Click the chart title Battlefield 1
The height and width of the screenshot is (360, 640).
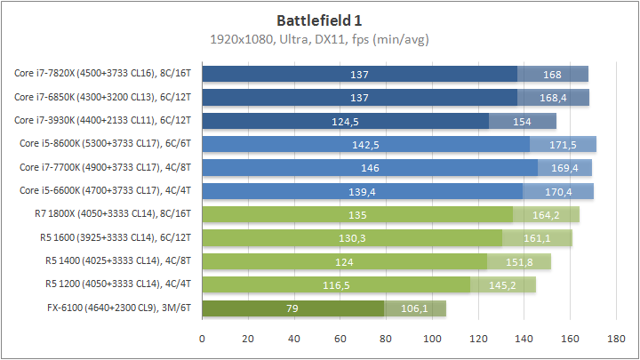[x=319, y=20]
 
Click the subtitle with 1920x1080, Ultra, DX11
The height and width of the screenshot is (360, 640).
[x=319, y=39]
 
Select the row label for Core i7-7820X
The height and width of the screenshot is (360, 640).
[x=105, y=74]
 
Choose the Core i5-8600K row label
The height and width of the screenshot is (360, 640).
[x=107, y=144]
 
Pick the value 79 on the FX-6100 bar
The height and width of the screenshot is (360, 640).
[x=293, y=308]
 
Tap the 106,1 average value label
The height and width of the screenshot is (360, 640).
[x=415, y=308]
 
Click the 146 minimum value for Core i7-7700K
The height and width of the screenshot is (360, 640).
[x=370, y=167]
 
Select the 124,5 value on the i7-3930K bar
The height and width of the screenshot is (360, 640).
[x=346, y=121]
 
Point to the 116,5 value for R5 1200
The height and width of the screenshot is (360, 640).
[x=336, y=285]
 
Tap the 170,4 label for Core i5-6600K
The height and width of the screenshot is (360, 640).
[x=559, y=191]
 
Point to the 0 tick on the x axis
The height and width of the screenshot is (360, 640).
[x=203, y=339]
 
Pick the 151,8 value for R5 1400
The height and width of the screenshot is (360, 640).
[x=518, y=261]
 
